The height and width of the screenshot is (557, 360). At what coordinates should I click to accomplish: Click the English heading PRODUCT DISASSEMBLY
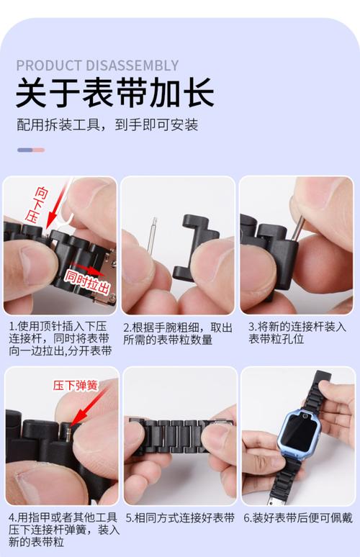coord(97,65)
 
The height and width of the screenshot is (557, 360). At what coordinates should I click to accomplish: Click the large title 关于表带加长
coord(114,93)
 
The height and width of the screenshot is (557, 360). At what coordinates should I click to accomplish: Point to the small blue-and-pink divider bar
coord(31,150)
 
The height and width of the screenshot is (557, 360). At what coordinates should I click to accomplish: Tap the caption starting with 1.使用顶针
coord(60,339)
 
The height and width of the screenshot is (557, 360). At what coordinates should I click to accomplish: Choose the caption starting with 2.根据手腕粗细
coord(178,333)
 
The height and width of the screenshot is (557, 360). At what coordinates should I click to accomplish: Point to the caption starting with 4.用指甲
coord(60,530)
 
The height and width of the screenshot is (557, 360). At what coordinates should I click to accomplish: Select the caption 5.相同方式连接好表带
coord(180,517)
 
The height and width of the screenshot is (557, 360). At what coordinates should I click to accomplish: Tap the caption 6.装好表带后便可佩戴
coord(297,517)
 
